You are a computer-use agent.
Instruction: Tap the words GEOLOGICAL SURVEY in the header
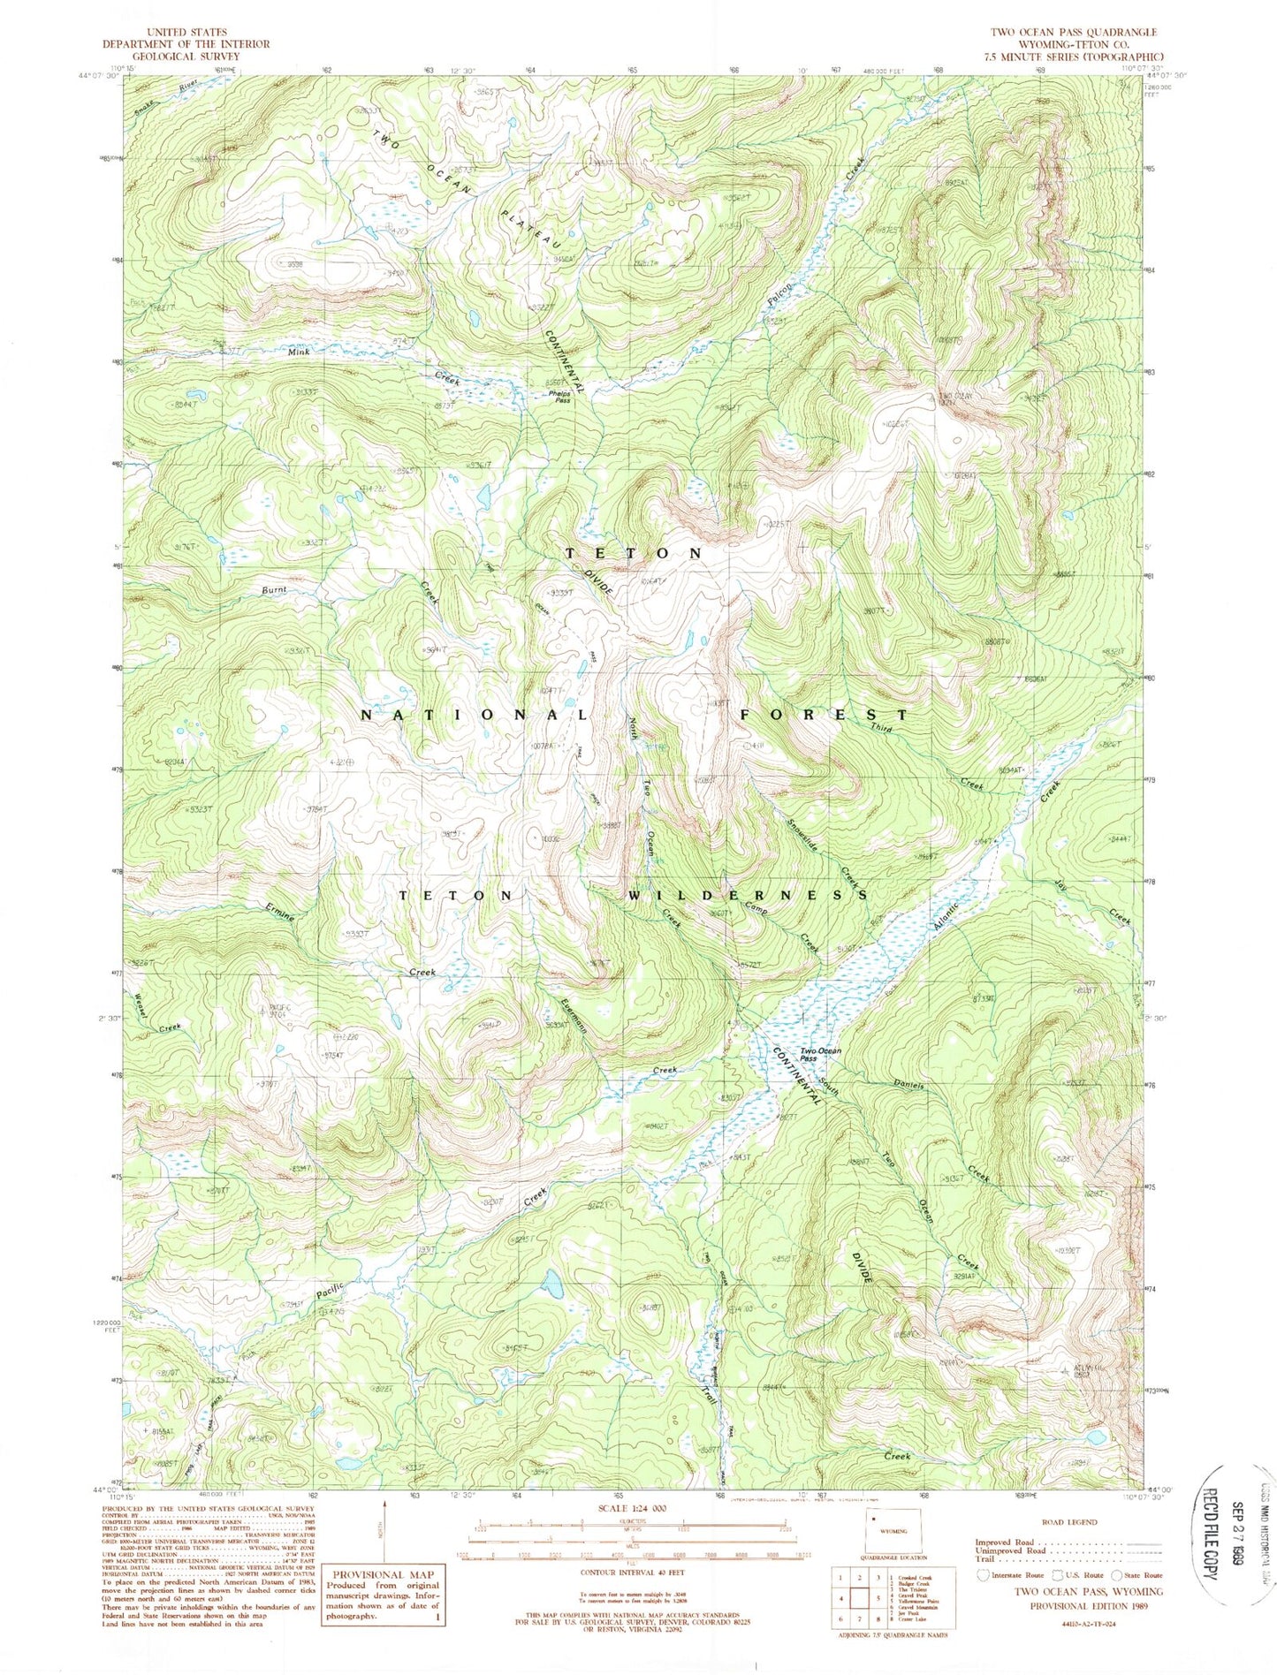point(172,55)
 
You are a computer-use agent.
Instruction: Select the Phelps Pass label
point(559,398)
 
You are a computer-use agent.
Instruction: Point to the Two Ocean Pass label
point(821,1053)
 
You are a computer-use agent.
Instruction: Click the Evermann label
point(575,1017)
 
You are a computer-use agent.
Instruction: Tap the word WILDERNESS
point(748,895)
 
